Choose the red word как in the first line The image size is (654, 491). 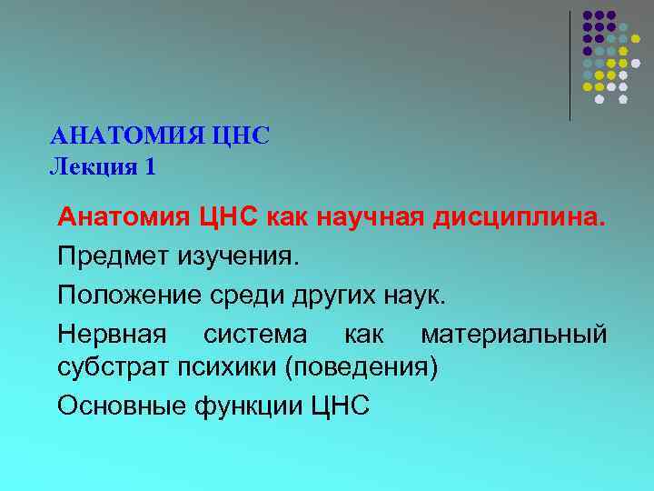click(291, 218)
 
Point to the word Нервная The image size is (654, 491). click(112, 334)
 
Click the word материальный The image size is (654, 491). click(513, 334)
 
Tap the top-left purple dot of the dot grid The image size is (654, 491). click(588, 15)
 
